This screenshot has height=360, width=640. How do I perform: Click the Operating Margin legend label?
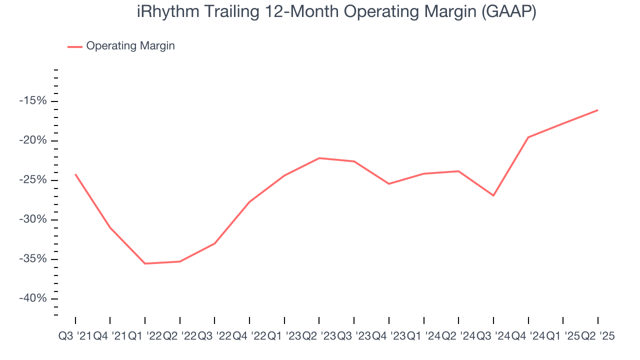click(x=130, y=46)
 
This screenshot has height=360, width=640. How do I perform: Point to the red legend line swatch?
click(x=75, y=46)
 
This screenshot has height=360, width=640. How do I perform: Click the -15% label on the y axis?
click(x=32, y=101)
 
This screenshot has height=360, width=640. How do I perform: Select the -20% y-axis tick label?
click(x=32, y=140)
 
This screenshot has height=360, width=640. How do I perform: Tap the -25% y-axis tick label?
click(x=32, y=180)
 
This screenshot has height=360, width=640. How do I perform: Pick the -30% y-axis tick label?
click(x=32, y=219)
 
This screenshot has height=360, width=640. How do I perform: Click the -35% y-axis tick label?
click(x=32, y=259)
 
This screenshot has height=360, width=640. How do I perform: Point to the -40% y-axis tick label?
click(x=32, y=298)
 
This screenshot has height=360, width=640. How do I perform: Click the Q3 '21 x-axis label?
click(x=75, y=336)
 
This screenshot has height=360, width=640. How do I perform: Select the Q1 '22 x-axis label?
click(x=144, y=336)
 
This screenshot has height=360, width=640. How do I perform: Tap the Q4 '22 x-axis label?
click(x=249, y=336)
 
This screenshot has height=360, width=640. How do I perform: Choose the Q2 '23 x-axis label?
click(x=319, y=336)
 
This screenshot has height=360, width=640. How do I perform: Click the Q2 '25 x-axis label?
click(x=597, y=336)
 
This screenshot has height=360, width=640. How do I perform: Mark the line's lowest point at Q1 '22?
click(x=145, y=263)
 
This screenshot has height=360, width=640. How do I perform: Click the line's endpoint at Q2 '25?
click(x=597, y=110)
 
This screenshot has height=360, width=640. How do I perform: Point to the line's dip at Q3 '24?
click(x=493, y=195)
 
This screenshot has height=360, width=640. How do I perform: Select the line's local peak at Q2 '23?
click(x=319, y=158)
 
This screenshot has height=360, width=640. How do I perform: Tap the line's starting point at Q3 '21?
click(x=75, y=174)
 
